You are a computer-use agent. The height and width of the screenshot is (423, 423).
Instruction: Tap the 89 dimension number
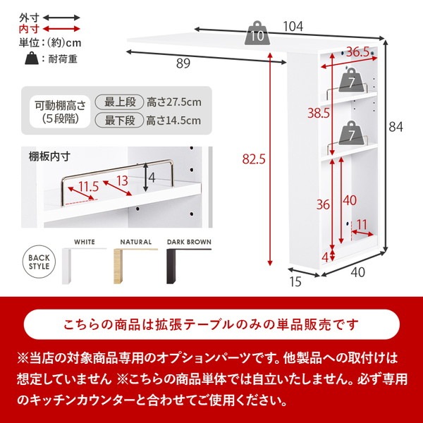tap(183, 64)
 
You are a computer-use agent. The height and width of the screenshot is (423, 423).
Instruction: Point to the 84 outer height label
tap(396, 126)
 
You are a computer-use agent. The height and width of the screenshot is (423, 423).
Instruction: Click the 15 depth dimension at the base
tap(296, 283)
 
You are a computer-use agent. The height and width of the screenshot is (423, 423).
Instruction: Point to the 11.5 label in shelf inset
tap(88, 186)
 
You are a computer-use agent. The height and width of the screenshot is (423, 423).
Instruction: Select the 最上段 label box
tap(121, 102)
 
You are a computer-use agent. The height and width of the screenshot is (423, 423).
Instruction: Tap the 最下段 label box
tap(121, 121)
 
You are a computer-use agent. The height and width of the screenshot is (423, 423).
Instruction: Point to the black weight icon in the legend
tap(30, 59)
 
